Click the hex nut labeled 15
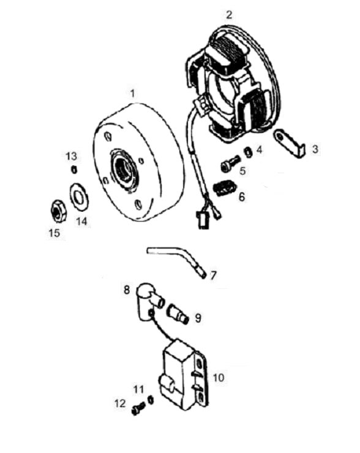tap(59, 211)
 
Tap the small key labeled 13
tap(74, 170)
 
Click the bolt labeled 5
tap(230, 163)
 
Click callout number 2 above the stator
tap(229, 15)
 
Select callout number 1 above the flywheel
tap(132, 94)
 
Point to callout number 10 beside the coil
tap(219, 377)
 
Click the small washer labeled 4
tap(248, 152)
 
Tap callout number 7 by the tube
tap(213, 275)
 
